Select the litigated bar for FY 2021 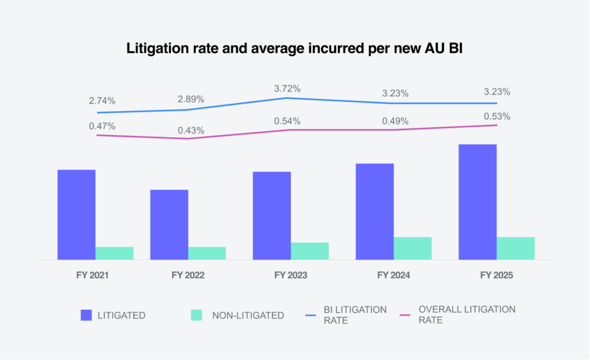pyautogui.click(x=77, y=214)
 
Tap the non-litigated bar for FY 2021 pyautogui.click(x=114, y=253)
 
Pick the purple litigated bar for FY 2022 pyautogui.click(x=169, y=225)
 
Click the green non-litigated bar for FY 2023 pyautogui.click(x=309, y=251)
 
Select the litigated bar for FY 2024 pyautogui.click(x=375, y=211)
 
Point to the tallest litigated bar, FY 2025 pyautogui.click(x=478, y=202)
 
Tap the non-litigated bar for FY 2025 pyautogui.click(x=515, y=248)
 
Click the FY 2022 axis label pyautogui.click(x=188, y=275)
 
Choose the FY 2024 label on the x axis pyautogui.click(x=394, y=275)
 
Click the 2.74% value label pyautogui.click(x=102, y=100)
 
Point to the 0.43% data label pyautogui.click(x=191, y=130)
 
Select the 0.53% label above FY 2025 pyautogui.click(x=497, y=116)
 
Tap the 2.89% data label pyautogui.click(x=191, y=98)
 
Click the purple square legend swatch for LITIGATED pyautogui.click(x=86, y=315)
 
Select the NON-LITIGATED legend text pyautogui.click(x=248, y=315)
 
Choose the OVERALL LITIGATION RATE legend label pyautogui.click(x=467, y=315)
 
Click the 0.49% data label pyautogui.click(x=395, y=121)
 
